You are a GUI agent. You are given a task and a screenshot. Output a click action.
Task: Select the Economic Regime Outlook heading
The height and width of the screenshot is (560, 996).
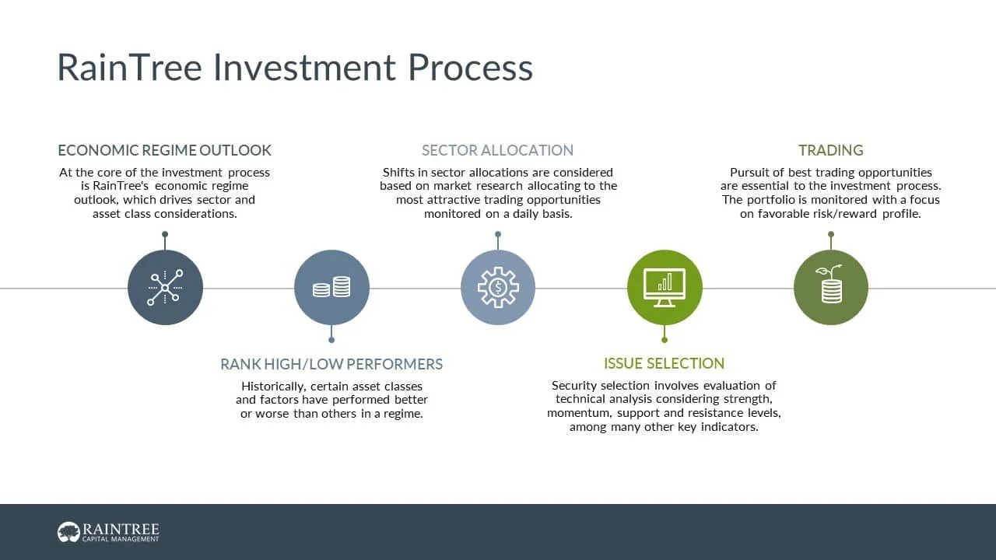[164, 150]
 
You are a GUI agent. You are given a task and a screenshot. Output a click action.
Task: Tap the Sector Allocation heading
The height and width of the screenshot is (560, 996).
[497, 150]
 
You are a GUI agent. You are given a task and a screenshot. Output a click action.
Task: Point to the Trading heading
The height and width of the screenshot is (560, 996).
[830, 150]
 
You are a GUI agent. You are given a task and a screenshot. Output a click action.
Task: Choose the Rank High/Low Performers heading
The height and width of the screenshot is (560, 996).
[331, 364]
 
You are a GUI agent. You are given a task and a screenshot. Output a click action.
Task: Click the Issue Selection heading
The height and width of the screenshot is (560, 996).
[664, 363]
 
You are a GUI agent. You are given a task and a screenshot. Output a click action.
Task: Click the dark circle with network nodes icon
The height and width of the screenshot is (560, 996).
[165, 288]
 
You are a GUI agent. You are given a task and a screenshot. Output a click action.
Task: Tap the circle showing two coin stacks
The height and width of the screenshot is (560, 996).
[331, 288]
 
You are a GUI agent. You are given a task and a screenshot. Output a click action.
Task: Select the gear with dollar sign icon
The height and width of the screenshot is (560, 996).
[498, 288]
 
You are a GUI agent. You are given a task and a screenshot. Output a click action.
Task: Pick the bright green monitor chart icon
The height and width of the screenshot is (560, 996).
[665, 288]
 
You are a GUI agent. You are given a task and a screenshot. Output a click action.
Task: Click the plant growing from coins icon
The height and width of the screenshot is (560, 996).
[831, 288]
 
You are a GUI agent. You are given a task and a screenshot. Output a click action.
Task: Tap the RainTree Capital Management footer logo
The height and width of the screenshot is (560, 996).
[108, 532]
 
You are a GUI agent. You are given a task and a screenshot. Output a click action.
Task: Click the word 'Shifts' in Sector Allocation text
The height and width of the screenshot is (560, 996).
[398, 173]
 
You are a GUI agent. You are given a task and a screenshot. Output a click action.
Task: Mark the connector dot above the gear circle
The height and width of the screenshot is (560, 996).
[498, 234]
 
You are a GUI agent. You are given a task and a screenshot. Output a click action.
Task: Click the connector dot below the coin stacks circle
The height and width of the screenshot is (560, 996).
[331, 340]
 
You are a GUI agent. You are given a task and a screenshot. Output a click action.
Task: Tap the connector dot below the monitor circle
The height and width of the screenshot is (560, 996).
[665, 340]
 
